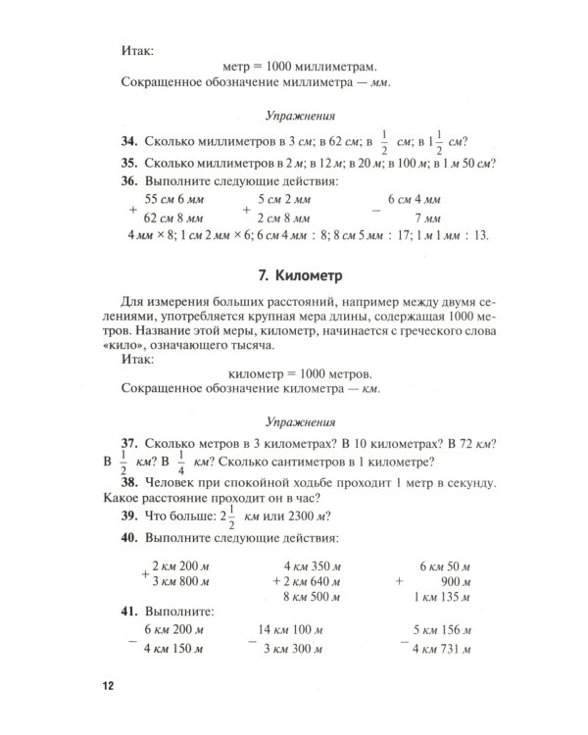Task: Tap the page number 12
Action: [109, 684]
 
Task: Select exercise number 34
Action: [129, 140]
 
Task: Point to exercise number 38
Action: [128, 484]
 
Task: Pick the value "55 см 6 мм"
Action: [173, 199]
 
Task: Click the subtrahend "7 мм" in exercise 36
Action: [426, 218]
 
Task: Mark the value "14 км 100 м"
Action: [298, 629]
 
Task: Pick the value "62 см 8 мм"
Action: [173, 218]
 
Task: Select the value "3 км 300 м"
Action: [298, 648]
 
